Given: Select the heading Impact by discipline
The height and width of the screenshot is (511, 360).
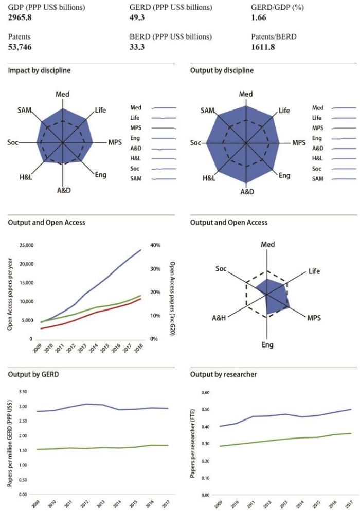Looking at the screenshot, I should tap(40, 70).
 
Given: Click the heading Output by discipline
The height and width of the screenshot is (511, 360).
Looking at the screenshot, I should tap(222, 70).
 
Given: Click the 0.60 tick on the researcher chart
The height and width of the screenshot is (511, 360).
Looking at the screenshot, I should tap(206, 392).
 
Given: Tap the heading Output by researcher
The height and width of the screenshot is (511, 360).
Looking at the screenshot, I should tap(221, 374).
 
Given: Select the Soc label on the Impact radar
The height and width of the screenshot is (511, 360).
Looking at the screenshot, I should tap(12, 142).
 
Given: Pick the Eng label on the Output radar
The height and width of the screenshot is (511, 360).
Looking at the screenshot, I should tap(284, 176).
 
